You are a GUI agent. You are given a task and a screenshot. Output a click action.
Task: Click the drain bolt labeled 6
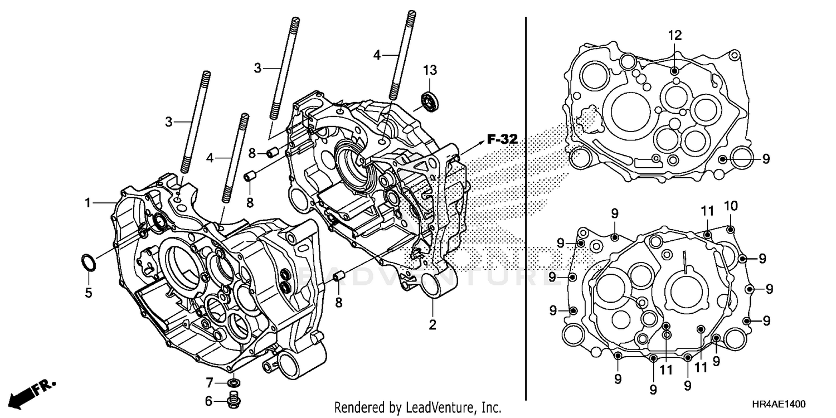[234, 399]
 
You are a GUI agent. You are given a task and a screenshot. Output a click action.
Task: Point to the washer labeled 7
[235, 383]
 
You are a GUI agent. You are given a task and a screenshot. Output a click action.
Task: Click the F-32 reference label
[502, 139]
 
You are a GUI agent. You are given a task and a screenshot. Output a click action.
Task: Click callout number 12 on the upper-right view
[675, 36]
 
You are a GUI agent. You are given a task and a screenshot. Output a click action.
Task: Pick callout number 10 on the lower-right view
[731, 206]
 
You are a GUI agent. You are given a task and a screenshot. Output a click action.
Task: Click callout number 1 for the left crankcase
[88, 203]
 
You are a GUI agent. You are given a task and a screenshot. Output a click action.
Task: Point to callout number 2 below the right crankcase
[432, 324]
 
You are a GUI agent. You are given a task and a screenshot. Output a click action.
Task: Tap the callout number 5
[88, 291]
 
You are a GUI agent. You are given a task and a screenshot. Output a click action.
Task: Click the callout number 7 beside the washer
[209, 383]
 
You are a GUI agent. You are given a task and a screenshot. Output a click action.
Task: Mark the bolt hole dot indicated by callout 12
[675, 71]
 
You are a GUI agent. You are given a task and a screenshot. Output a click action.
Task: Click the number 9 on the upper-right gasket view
[766, 159]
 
